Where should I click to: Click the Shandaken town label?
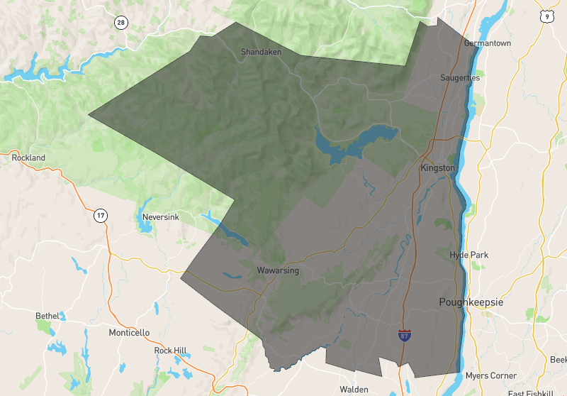[262, 52]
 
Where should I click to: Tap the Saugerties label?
[460, 77]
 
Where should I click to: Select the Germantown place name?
[487, 43]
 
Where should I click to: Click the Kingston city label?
[437, 168]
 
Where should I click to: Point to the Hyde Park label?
[468, 255]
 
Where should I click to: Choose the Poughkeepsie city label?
[471, 302]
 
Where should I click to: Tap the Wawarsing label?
[278, 270]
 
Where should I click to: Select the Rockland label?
[28, 158]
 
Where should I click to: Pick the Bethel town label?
[48, 315]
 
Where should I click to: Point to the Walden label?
[354, 390]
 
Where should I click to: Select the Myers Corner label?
[490, 375]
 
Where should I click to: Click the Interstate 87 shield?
[404, 334]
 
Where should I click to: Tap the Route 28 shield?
[121, 23]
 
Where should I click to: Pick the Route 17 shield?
[101, 215]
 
